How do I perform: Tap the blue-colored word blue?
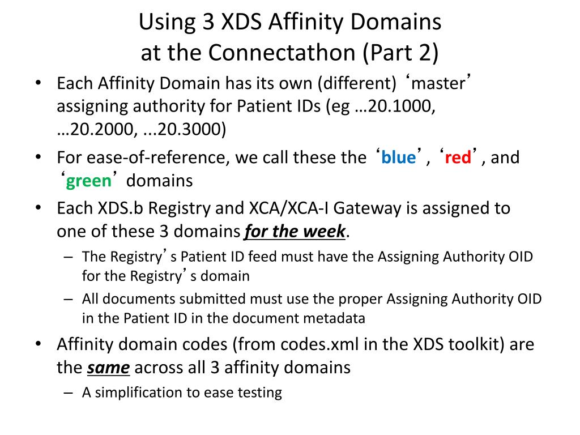(x=398, y=157)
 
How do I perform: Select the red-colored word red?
(x=458, y=157)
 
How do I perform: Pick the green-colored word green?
(x=89, y=181)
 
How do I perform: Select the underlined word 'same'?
(x=109, y=368)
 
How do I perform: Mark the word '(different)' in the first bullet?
(x=357, y=84)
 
